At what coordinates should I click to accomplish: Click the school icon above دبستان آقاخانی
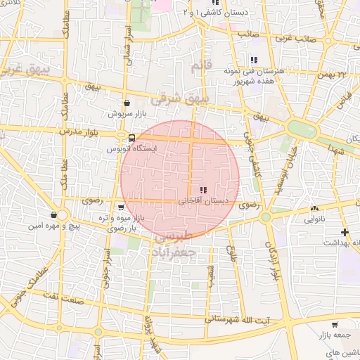(203, 190)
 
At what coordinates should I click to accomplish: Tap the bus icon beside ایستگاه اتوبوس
(132, 138)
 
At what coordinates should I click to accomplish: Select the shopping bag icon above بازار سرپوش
(126, 103)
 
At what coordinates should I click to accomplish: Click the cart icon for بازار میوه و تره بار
(122, 207)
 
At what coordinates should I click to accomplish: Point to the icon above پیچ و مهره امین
(54, 215)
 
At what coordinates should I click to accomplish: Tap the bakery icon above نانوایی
(314, 209)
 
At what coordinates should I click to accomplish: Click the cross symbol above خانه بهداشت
(345, 232)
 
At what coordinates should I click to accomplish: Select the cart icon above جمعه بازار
(334, 325)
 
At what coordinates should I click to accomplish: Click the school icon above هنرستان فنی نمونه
(253, 60)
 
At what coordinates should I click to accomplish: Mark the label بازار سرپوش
(126, 113)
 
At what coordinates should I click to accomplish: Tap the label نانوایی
(314, 219)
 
